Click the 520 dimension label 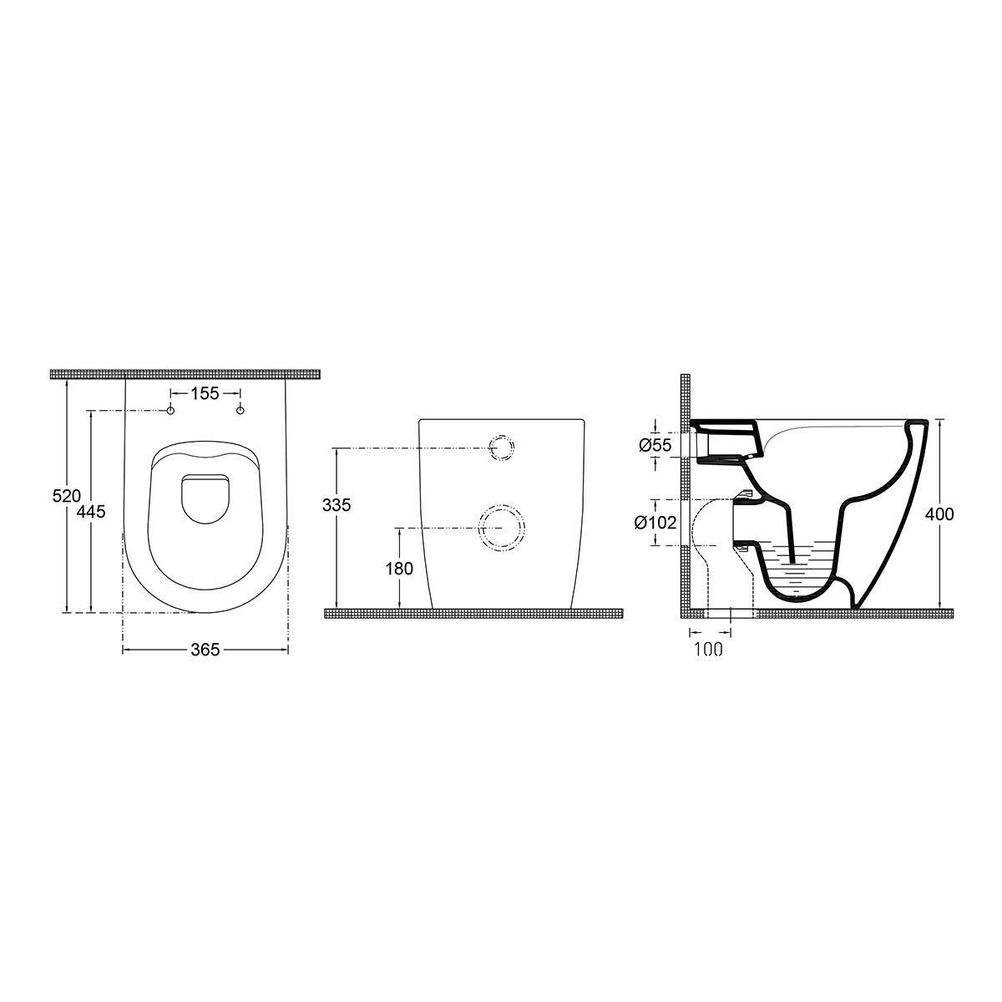click(67, 495)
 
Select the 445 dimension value click(91, 512)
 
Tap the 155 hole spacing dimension click(205, 393)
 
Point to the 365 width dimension click(205, 650)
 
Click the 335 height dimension click(337, 505)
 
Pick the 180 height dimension click(399, 569)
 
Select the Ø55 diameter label click(655, 445)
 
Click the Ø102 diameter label click(655, 522)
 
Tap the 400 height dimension click(939, 514)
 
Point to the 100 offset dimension click(709, 649)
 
